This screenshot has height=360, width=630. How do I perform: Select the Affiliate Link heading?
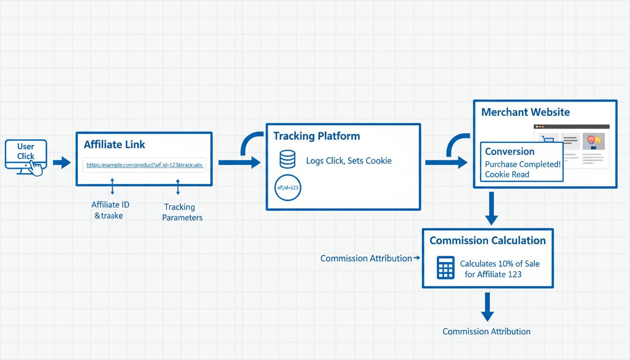pyautogui.click(x=114, y=144)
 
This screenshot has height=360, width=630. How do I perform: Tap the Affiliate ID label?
pyautogui.click(x=110, y=204)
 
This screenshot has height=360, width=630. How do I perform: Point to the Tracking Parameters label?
pyautogui.click(x=182, y=212)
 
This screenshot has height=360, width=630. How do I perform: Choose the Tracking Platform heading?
pyautogui.click(x=316, y=136)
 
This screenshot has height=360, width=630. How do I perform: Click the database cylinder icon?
pyautogui.click(x=287, y=159)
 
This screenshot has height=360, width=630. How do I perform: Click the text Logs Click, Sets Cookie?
pyautogui.click(x=348, y=161)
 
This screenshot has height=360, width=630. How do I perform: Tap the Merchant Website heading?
pyautogui.click(x=525, y=112)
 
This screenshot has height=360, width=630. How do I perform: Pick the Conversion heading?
pyautogui.click(x=510, y=151)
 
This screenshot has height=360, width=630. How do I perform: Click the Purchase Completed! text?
pyautogui.click(x=523, y=165)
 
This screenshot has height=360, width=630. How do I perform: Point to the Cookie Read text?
pyautogui.click(x=507, y=174)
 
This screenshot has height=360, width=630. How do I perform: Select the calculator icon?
pyautogui.click(x=445, y=268)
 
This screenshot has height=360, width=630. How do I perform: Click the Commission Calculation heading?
pyautogui.click(x=487, y=240)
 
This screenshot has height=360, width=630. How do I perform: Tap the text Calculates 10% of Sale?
pyautogui.click(x=499, y=264)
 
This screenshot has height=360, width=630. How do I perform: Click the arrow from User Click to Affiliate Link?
pyautogui.click(x=61, y=163)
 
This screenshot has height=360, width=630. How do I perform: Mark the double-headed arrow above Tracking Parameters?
pyautogui.click(x=178, y=186)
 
